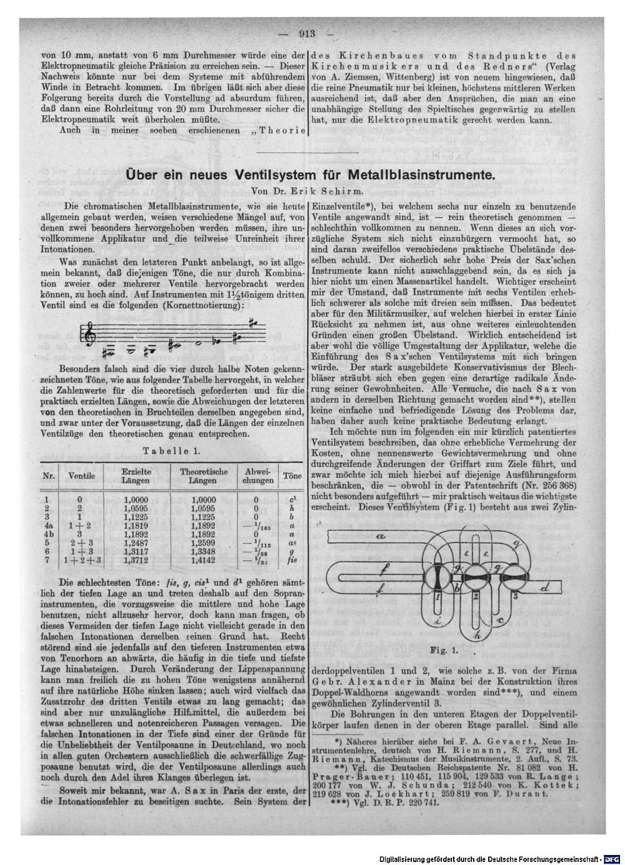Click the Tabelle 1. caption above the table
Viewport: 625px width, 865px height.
[x=171, y=450]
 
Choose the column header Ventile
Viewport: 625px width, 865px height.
[x=81, y=476]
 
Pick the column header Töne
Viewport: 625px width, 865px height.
[x=292, y=475]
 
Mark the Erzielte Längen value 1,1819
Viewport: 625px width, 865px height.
[x=136, y=526]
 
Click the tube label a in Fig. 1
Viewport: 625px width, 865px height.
[x=380, y=536]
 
